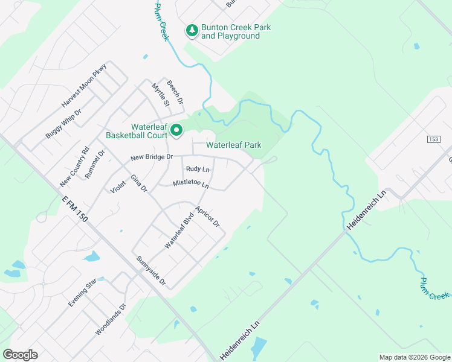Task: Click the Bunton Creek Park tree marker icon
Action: [192, 30]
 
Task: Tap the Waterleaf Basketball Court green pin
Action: [176, 130]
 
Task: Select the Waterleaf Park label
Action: [233, 145]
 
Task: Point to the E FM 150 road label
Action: [75, 208]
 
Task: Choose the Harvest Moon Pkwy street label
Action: [83, 85]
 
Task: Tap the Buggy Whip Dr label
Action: [63, 124]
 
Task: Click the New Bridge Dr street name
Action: [153, 157]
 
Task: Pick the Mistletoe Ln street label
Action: [191, 183]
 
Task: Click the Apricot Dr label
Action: [207, 217]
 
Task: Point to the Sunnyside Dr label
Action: [150, 270]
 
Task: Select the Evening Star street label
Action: [82, 293]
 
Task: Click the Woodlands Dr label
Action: [110, 319]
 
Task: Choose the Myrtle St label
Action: [160, 95]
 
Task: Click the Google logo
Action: [20, 355]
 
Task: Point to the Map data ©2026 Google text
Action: [414, 357]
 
